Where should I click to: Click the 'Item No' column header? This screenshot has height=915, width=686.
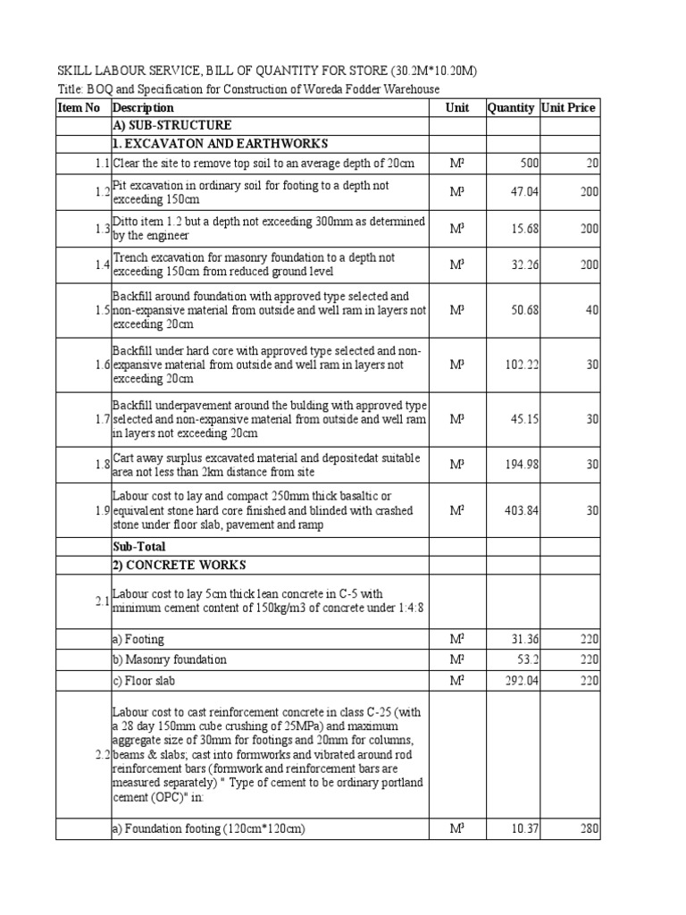pyautogui.click(x=79, y=108)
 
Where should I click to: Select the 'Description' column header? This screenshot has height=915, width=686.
pyautogui.click(x=143, y=108)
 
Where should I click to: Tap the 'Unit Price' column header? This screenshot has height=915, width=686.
pyautogui.click(x=568, y=108)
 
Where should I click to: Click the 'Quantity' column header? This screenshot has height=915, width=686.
pyautogui.click(x=511, y=108)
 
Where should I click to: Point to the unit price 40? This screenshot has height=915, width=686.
pyautogui.click(x=592, y=310)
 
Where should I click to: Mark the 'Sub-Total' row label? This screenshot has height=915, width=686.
pyautogui.click(x=138, y=546)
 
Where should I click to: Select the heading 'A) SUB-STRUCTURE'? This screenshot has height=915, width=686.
pyautogui.click(x=171, y=125)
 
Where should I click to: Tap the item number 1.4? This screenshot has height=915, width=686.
pyautogui.click(x=102, y=265)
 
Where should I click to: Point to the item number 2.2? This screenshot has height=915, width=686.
pyautogui.click(x=102, y=755)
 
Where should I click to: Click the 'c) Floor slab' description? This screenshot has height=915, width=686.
pyautogui.click(x=143, y=680)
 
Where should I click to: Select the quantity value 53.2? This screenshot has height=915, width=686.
pyautogui.click(x=520, y=659)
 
